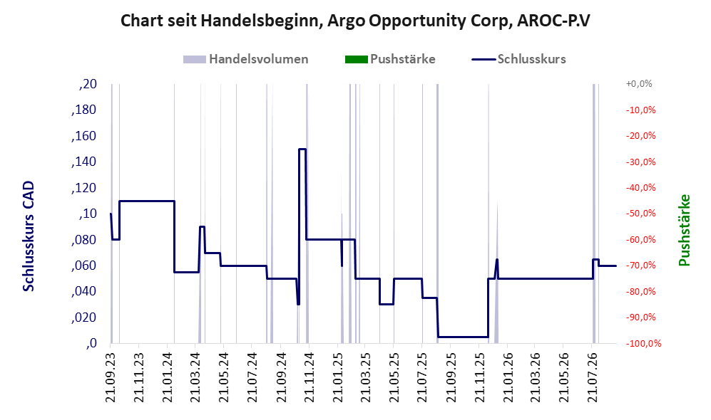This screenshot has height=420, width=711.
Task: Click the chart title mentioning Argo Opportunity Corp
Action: pos(355,21)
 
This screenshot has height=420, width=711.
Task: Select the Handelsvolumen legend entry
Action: pos(246,59)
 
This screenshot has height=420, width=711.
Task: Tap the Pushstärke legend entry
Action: pos(390,59)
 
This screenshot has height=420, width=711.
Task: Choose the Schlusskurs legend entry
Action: pos(518,59)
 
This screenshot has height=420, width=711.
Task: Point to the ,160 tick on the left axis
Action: pos(84,136)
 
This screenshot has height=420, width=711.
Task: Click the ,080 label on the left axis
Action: pos(84,239)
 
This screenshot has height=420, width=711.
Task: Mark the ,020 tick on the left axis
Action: pos(84,317)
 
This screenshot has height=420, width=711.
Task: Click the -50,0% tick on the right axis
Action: pos(640,214)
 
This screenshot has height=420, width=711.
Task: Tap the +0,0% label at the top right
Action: pos(639,84)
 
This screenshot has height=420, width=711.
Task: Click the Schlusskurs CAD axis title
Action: pos(29,236)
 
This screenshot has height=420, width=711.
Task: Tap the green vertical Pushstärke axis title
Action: pos(684,231)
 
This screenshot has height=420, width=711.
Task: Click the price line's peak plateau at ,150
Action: pos(302,149)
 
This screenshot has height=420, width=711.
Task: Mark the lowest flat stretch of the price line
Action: pos(463,337)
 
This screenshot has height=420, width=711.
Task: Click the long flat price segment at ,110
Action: pos(147,201)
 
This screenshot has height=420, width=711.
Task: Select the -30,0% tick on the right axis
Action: pos(640,162)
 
